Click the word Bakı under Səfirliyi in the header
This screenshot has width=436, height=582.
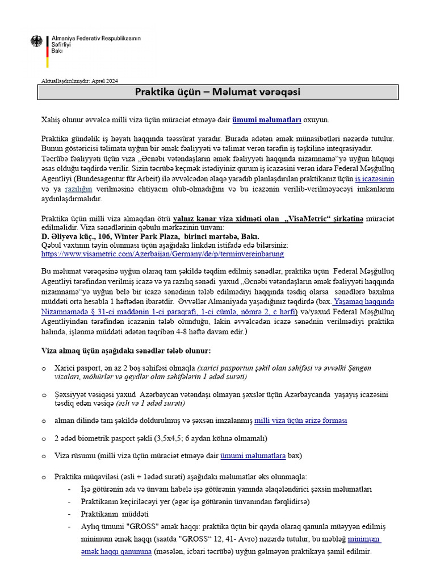(57, 51)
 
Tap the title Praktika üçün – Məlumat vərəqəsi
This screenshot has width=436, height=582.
(217, 92)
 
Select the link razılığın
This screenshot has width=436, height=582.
(78, 188)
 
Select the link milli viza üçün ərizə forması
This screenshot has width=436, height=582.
(301, 421)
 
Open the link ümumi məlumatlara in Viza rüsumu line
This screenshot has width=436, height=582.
(253, 456)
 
